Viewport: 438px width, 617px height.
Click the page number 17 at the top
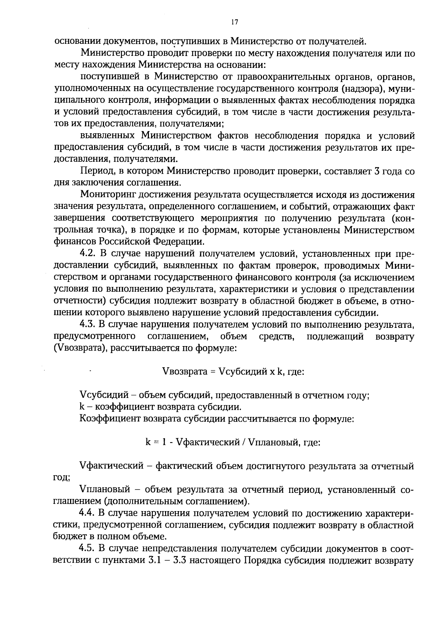[234, 22]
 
